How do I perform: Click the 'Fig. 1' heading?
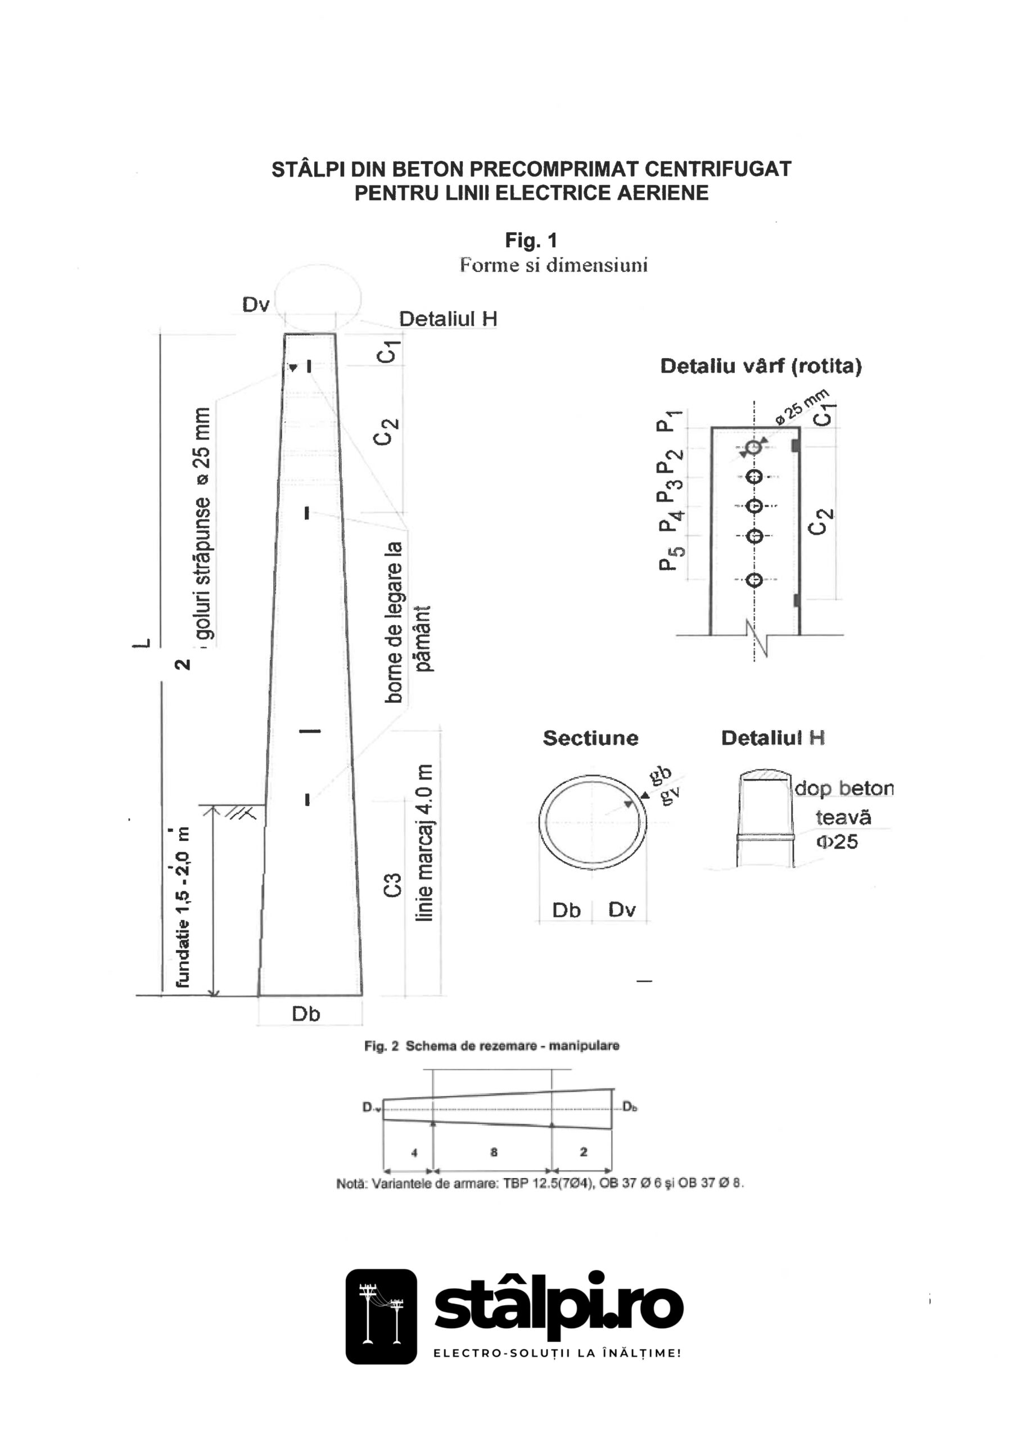click(531, 240)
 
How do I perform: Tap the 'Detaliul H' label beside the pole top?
click(448, 319)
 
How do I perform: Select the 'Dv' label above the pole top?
click(256, 305)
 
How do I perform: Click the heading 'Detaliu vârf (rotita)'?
click(761, 366)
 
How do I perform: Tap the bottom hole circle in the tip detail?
click(756, 580)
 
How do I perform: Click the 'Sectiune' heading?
click(590, 738)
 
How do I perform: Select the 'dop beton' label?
click(844, 789)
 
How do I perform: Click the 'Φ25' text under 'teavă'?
click(837, 841)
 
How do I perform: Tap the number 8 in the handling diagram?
click(494, 1152)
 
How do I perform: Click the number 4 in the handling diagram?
click(414, 1152)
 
